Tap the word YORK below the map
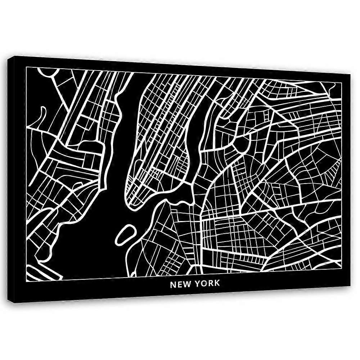(x=207, y=283)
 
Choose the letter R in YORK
(x=210, y=283)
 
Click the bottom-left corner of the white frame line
(x=27, y=281)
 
